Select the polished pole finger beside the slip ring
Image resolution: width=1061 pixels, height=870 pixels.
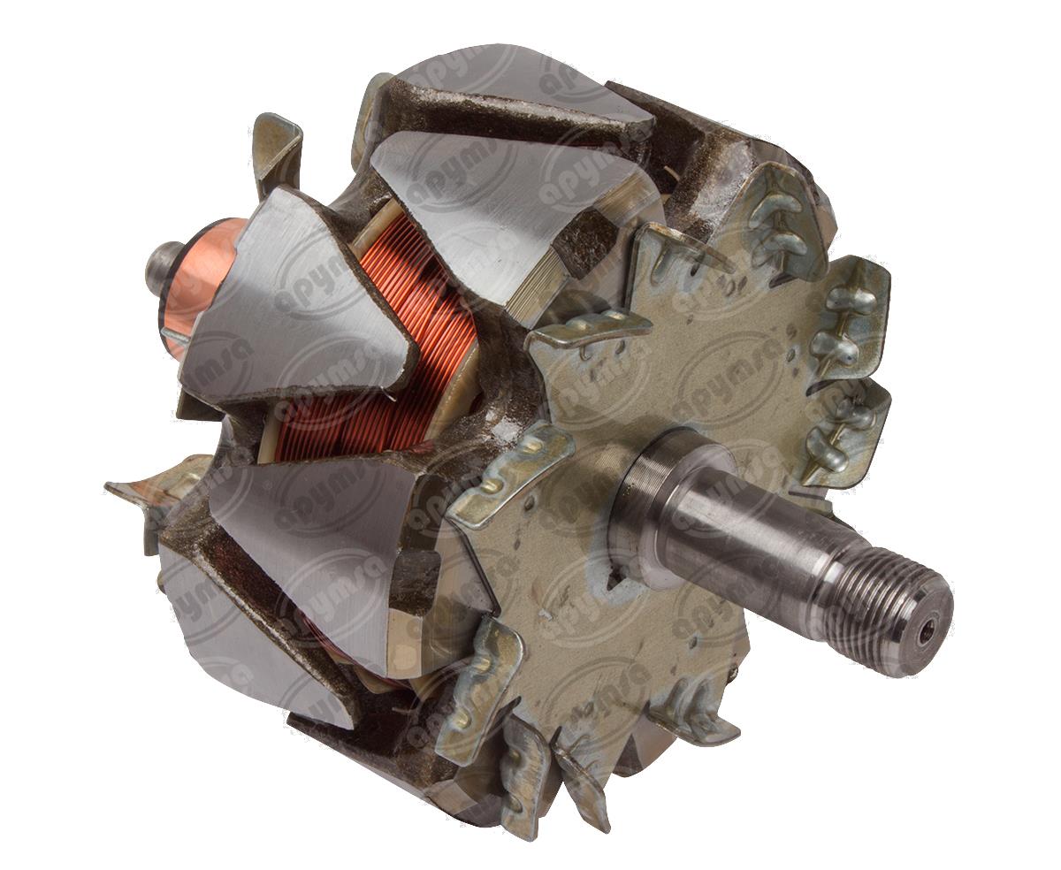283,301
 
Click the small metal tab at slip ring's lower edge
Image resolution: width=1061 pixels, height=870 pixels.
177,336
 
